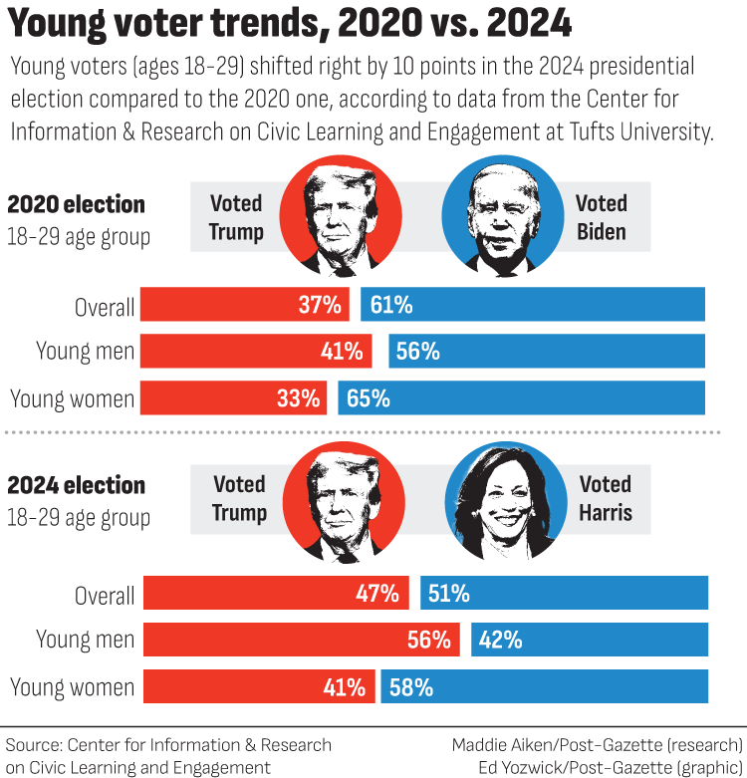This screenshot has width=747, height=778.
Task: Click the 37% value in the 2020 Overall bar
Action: point(320,305)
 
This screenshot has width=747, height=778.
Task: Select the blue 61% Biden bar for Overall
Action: point(533,305)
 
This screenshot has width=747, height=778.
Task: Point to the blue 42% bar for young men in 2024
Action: point(590,640)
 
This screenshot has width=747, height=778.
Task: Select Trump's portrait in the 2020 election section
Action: point(343,218)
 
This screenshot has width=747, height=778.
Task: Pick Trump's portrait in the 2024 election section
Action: point(343,499)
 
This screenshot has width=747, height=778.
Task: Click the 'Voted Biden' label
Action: point(601,217)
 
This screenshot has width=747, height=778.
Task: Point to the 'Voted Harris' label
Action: point(606,498)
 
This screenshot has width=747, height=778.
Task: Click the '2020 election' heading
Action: point(76,205)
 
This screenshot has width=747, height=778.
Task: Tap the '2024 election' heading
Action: point(76,486)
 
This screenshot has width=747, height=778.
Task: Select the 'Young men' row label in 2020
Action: point(85,352)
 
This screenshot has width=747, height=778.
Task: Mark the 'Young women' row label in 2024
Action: point(72,686)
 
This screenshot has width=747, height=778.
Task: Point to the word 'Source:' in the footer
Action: point(33,745)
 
